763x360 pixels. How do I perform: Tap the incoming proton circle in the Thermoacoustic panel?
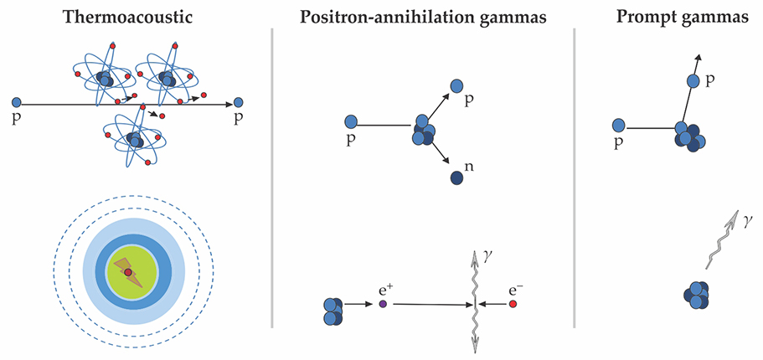point(16,102)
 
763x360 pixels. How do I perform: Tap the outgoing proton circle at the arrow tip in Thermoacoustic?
point(240,102)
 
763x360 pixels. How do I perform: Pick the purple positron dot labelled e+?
point(383,305)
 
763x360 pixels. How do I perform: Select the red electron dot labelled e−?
point(513,305)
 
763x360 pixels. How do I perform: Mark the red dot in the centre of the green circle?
point(127,272)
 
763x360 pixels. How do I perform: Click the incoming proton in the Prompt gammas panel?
point(619,125)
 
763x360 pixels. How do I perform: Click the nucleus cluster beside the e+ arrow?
point(332,310)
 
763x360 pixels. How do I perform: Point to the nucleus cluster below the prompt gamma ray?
point(698,295)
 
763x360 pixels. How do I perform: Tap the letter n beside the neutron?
point(469,167)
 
